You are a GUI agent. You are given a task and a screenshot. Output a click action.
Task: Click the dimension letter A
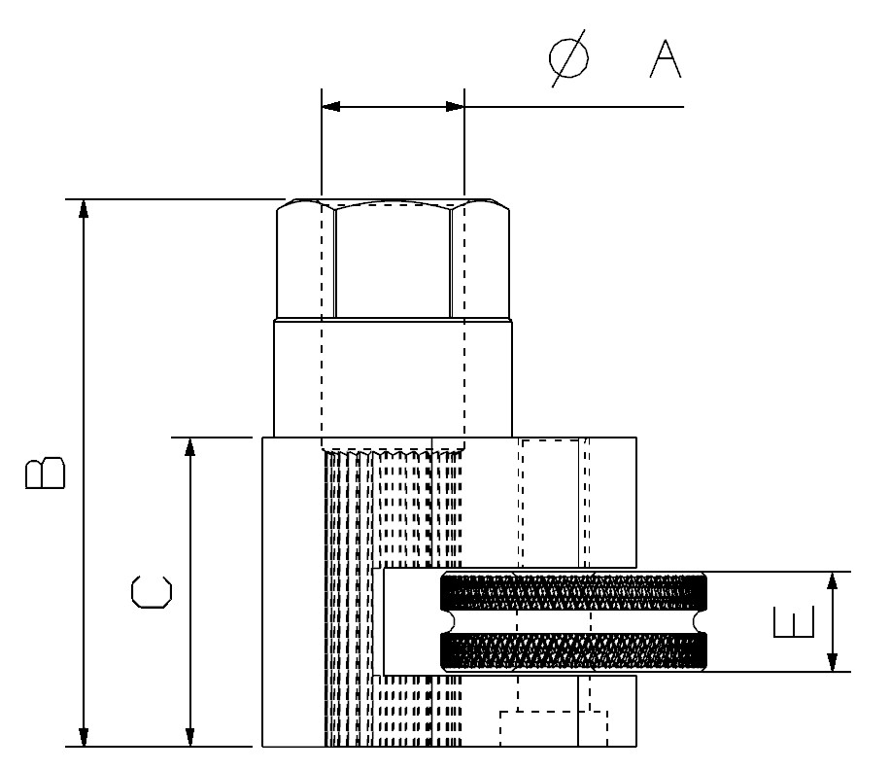pyautogui.click(x=666, y=58)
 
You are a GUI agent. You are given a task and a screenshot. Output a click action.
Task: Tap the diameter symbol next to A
pyautogui.click(x=568, y=58)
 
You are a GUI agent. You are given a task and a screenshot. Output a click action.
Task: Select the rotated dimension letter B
pyautogui.click(x=46, y=473)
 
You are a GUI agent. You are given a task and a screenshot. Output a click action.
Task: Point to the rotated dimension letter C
pyautogui.click(x=151, y=592)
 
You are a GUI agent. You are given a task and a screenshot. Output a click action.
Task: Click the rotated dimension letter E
pyautogui.click(x=794, y=621)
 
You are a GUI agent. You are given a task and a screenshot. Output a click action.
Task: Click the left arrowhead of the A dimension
pyautogui.click(x=331, y=106)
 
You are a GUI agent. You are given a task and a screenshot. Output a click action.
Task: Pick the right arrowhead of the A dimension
pyautogui.click(x=456, y=106)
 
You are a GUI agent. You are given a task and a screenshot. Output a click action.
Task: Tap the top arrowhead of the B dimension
pyautogui.click(x=84, y=208)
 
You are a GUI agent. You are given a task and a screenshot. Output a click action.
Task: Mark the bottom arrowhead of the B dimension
pyautogui.click(x=84, y=737)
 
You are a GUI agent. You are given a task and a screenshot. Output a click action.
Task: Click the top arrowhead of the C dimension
pyautogui.click(x=190, y=447)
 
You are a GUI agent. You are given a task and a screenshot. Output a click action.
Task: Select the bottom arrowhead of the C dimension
pyautogui.click(x=190, y=737)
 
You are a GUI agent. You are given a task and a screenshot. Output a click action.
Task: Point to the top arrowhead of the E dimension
pyautogui.click(x=832, y=580)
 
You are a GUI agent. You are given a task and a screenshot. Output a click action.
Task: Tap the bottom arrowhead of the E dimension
pyautogui.click(x=832, y=662)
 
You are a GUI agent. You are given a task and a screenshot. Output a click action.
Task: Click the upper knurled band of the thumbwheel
pyautogui.click(x=573, y=592)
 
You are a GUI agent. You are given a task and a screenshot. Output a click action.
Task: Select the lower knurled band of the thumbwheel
pyautogui.click(x=573, y=651)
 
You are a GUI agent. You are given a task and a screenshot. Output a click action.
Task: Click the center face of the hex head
pyautogui.click(x=393, y=261)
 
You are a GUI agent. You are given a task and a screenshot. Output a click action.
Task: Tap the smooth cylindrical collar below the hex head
pyautogui.click(x=393, y=378)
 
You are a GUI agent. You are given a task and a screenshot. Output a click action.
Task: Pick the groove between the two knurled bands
pyautogui.click(x=573, y=621)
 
